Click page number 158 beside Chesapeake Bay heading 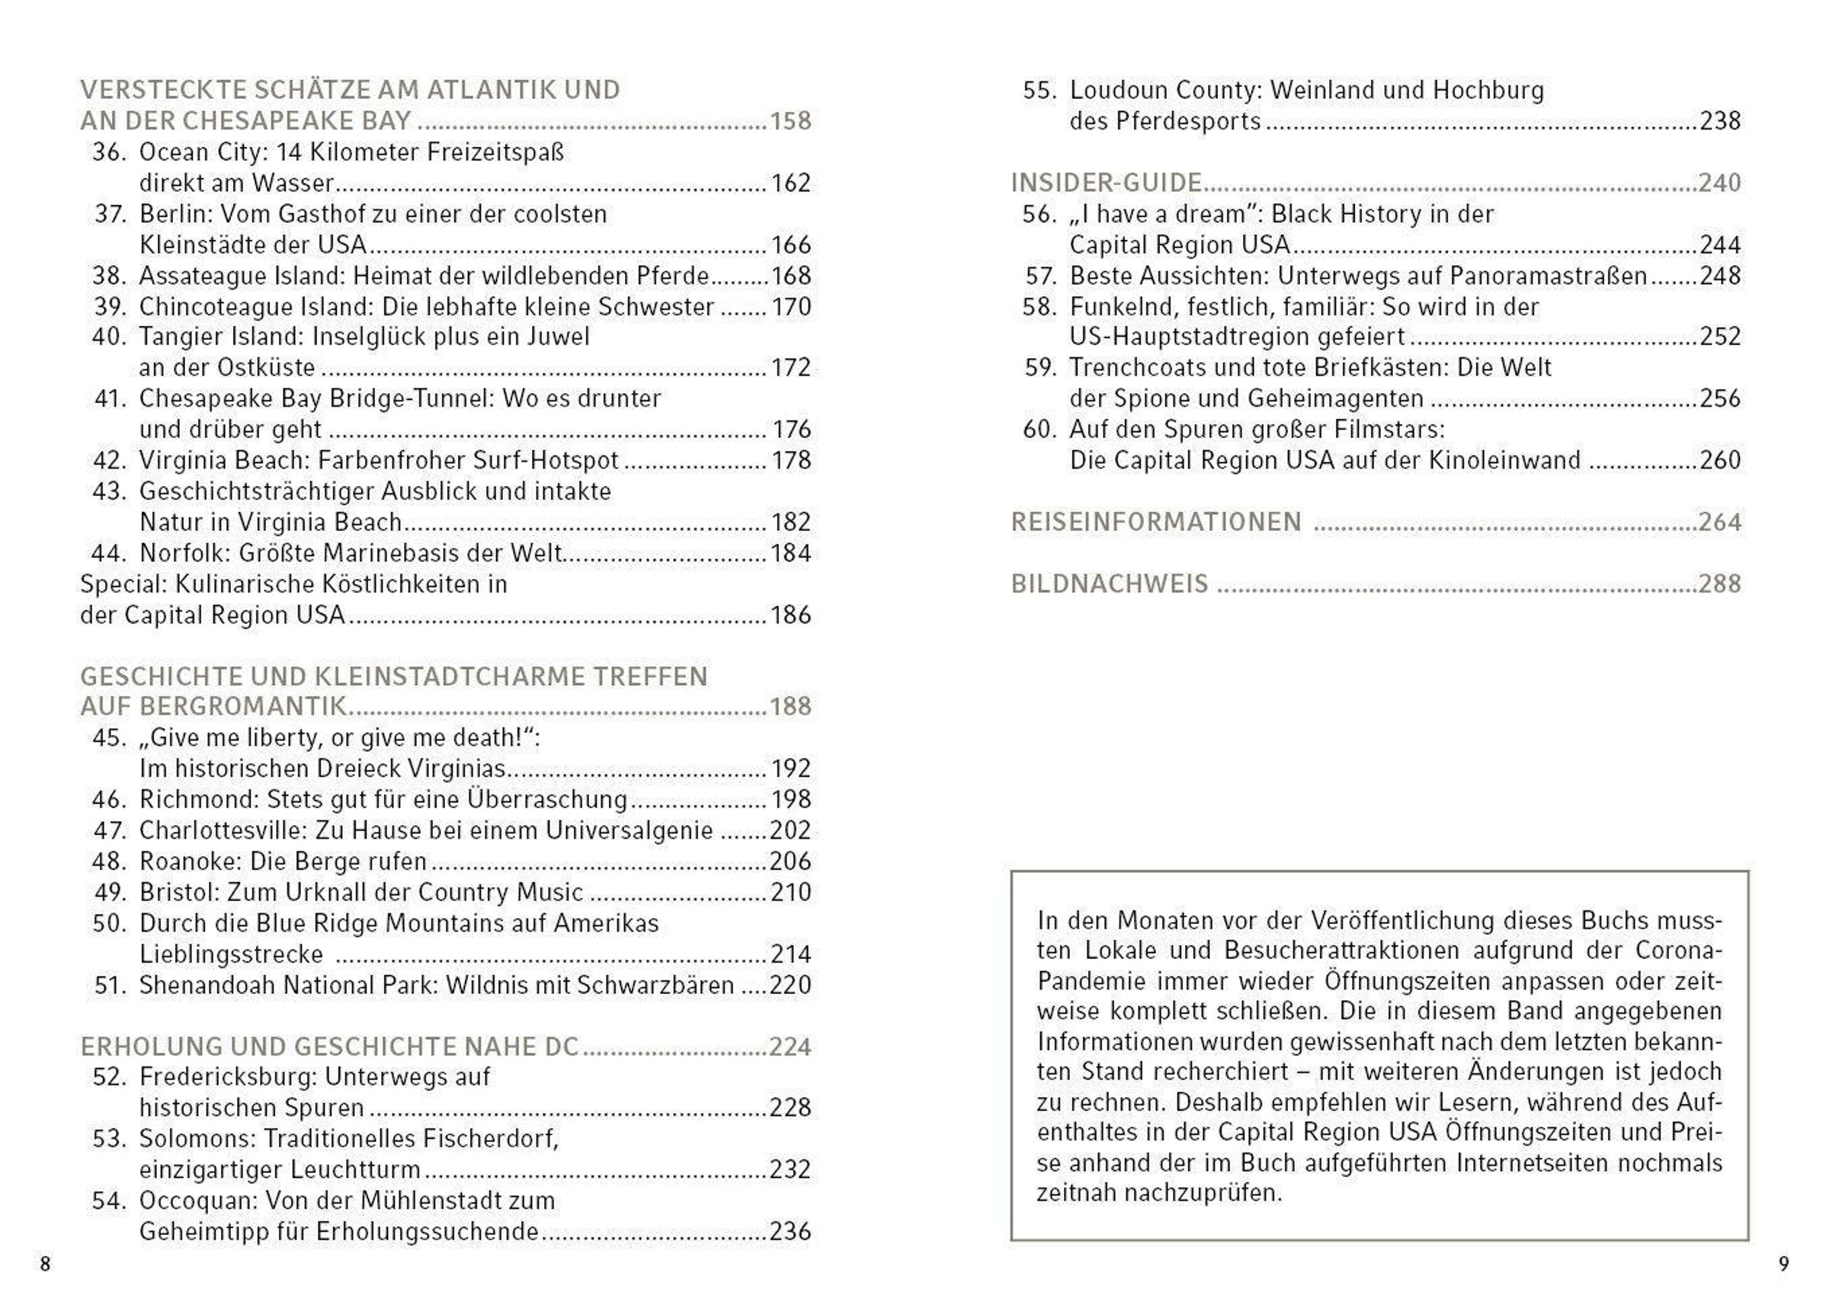pyautogui.click(x=790, y=121)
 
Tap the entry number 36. pyautogui.click(x=109, y=152)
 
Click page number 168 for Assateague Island pyautogui.click(x=790, y=276)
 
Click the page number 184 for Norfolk pyautogui.click(x=790, y=553)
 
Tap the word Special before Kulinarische pyautogui.click(x=123, y=584)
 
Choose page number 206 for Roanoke pyautogui.click(x=790, y=861)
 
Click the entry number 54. pyautogui.click(x=109, y=1201)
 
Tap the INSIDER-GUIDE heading pyautogui.click(x=1107, y=183)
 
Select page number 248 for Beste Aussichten pyautogui.click(x=1720, y=276)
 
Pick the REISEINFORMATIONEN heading pyautogui.click(x=1156, y=523)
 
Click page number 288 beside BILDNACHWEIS pyautogui.click(x=1720, y=584)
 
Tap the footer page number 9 pyautogui.click(x=1784, y=1264)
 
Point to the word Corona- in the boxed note pyautogui.click(x=1678, y=951)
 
